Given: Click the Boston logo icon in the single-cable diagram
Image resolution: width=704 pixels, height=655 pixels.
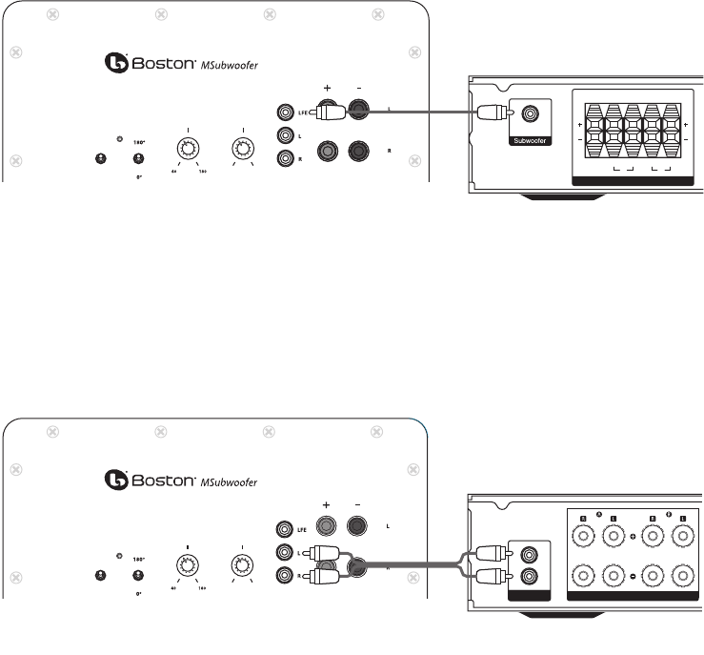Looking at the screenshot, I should pos(115,62).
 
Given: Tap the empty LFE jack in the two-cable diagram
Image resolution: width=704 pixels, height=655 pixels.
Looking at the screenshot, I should pos(283,527).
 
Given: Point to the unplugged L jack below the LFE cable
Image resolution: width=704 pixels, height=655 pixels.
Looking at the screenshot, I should pos(283,136).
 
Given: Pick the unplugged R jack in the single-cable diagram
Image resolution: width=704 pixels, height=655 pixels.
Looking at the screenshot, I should pos(283,159).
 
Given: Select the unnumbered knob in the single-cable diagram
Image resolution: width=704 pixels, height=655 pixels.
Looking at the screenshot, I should pos(243,148).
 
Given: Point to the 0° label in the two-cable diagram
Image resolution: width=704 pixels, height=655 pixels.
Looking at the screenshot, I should pos(139,592).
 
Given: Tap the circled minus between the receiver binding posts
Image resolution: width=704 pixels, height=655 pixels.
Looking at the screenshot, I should pos(634,577).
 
